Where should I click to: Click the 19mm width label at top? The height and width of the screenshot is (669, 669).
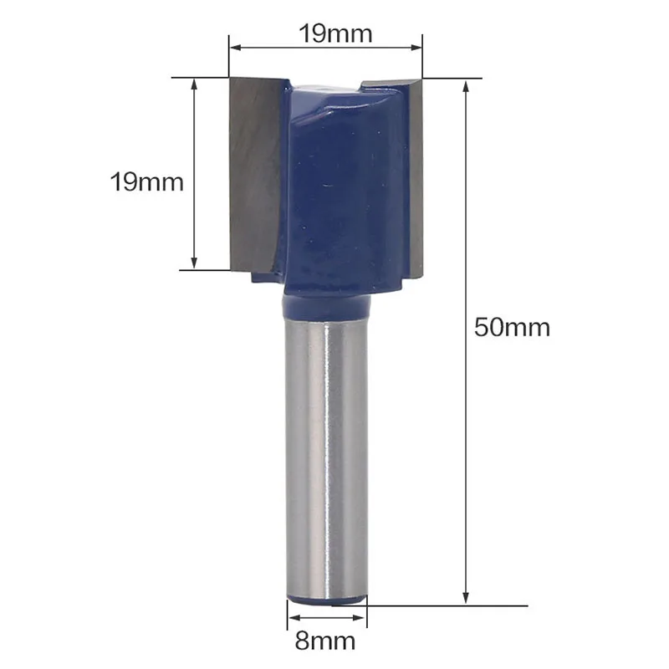point(335,33)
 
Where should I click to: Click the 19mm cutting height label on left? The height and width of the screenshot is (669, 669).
point(147,181)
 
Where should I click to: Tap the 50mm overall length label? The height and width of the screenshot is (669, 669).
point(512,328)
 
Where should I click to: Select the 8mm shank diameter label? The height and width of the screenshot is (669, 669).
point(325,641)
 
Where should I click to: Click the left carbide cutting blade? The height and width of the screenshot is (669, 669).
point(255,175)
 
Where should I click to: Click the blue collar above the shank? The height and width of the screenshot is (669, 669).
point(326,307)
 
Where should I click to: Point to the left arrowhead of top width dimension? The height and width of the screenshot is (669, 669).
point(236,48)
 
